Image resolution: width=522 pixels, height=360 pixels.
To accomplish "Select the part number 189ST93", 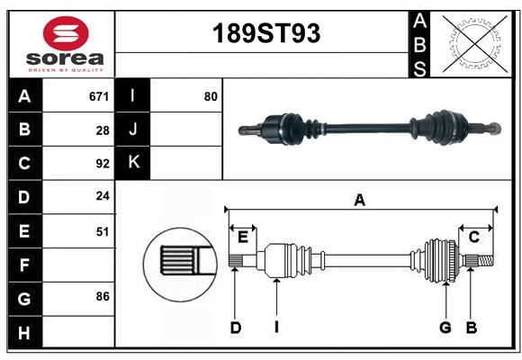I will tap(265, 33).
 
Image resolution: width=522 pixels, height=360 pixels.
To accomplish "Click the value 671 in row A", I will tap(99, 96).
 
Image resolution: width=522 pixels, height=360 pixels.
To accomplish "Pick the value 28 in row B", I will tap(103, 130).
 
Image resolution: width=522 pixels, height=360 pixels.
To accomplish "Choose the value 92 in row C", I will tap(103, 164).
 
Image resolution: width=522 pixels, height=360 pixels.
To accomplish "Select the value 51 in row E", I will tap(103, 231).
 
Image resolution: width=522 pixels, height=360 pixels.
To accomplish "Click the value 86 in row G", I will tap(103, 296).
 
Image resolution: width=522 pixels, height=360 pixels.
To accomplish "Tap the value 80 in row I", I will tap(211, 96).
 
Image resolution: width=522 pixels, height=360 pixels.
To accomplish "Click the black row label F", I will tap(24, 265).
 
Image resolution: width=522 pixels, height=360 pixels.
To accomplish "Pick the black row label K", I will tap(133, 163).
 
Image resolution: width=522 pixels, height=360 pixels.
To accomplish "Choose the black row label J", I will tap(133, 130).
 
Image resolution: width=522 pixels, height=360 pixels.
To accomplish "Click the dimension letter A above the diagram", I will tap(359, 201).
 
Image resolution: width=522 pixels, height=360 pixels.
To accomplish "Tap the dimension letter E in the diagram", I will tap(242, 237).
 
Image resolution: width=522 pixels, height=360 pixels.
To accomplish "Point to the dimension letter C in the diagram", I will tap(473, 237).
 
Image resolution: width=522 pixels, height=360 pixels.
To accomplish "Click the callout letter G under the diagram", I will tap(445, 328).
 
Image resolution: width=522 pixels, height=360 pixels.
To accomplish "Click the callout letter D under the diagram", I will tap(235, 328).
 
